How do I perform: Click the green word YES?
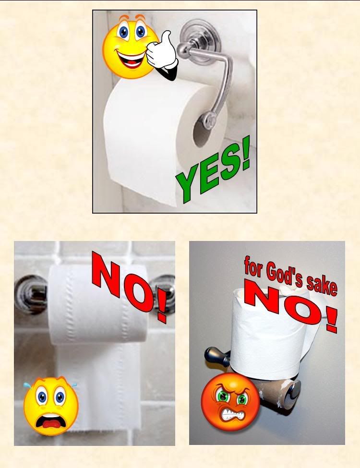[x=213, y=170]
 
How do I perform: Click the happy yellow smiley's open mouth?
[x=130, y=59]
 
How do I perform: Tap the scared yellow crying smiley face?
[x=51, y=406]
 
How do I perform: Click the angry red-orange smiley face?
[x=230, y=401]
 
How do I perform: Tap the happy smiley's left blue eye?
[x=123, y=32]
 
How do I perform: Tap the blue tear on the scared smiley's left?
[x=27, y=385]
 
